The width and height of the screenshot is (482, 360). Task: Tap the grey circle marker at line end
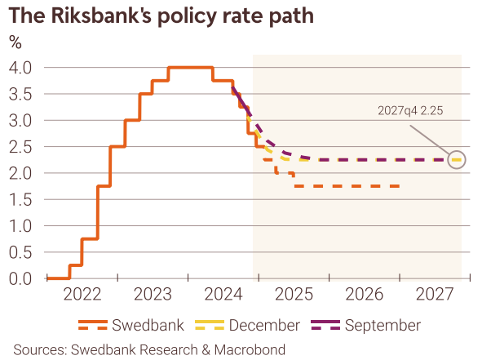point(457,159)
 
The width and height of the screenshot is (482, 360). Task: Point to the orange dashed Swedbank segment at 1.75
point(347,186)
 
